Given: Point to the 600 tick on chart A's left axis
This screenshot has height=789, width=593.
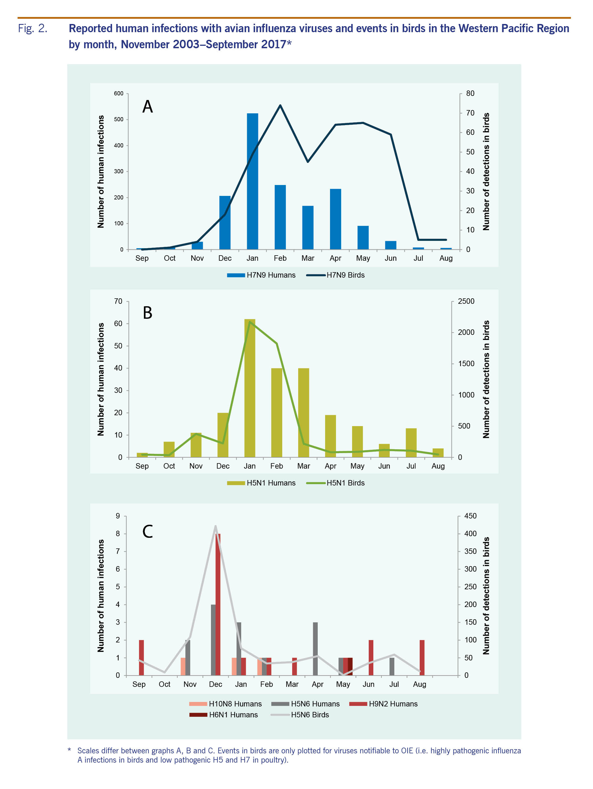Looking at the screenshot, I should (119, 93).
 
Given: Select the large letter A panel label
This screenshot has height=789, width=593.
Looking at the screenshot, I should (147, 107).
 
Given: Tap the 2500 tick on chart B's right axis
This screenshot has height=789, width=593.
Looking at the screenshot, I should (466, 301).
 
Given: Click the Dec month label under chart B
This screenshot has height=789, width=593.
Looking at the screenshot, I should (223, 466).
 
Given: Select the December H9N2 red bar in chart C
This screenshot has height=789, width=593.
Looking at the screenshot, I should (218, 604).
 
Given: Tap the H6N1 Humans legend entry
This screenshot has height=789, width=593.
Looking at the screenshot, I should (224, 715).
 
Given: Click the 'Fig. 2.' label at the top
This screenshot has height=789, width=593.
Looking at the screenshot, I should (32, 29).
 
